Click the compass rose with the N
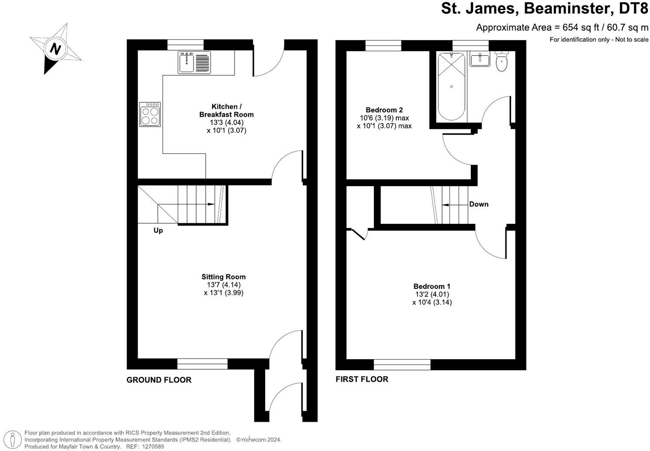pyautogui.click(x=55, y=48)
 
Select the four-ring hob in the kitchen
pyautogui.click(x=150, y=114)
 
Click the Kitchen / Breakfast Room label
pyautogui.click(x=226, y=111)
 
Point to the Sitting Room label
pyautogui.click(x=223, y=277)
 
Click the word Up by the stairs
pyautogui.click(x=158, y=230)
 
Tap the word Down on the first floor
pyautogui.click(x=479, y=204)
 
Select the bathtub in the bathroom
pyautogui.click(x=451, y=86)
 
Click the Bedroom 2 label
pyautogui.click(x=384, y=110)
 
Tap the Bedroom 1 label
pyautogui.click(x=432, y=286)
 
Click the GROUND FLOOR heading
pyautogui.click(x=159, y=380)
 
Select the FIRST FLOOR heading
pyautogui.click(x=362, y=379)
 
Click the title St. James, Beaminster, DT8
pyautogui.click(x=544, y=8)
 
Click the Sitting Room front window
pyautogui.click(x=202, y=364)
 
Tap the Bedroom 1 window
pyautogui.click(x=402, y=364)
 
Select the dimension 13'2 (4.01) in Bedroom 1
pyautogui.click(x=432, y=294)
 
